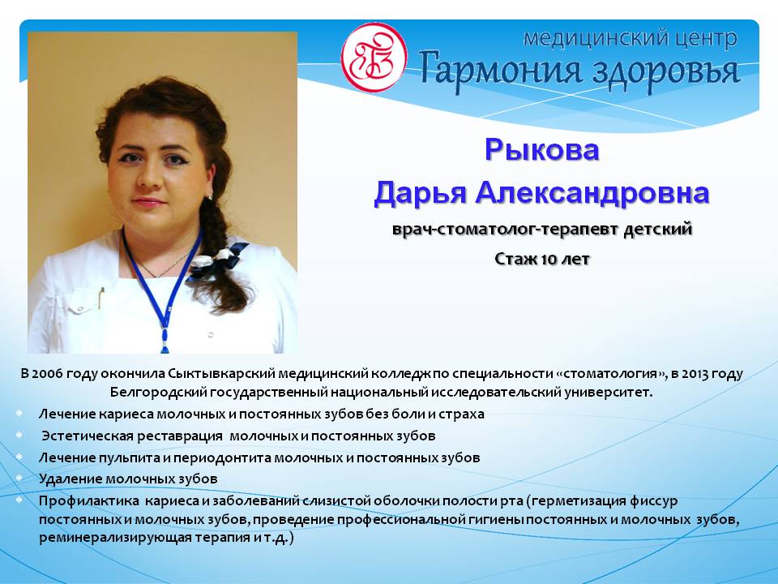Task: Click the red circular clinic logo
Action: (374, 58)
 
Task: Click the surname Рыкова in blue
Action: (542, 149)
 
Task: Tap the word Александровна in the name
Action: (592, 192)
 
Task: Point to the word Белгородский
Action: (158, 393)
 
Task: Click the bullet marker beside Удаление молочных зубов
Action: (19, 479)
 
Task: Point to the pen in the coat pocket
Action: (101, 297)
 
